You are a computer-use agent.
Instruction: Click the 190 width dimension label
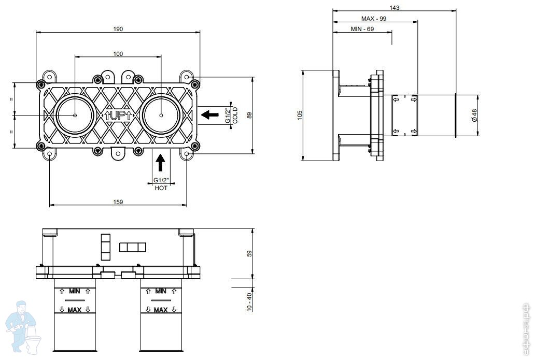(x=118, y=29)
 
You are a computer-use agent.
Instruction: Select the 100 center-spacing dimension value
(x=118, y=54)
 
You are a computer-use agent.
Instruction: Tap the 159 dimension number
(x=118, y=202)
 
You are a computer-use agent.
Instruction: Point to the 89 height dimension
(x=249, y=116)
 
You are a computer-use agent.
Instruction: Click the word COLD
(x=235, y=116)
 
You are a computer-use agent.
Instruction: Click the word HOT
(x=161, y=188)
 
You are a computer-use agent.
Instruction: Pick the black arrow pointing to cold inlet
(x=210, y=114)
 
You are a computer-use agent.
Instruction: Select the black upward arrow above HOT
(x=160, y=162)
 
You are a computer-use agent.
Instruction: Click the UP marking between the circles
(x=118, y=116)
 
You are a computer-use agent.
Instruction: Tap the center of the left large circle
(x=75, y=116)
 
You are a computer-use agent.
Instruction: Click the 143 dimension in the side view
(x=394, y=7)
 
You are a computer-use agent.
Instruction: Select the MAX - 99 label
(x=374, y=18)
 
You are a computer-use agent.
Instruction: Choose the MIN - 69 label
(x=362, y=29)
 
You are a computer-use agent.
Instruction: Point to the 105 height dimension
(x=300, y=114)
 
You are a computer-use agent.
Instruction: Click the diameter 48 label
(x=474, y=116)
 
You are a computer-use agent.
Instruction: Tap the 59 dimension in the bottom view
(x=249, y=253)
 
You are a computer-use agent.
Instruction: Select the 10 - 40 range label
(x=249, y=302)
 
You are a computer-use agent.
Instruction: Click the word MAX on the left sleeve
(x=74, y=310)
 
